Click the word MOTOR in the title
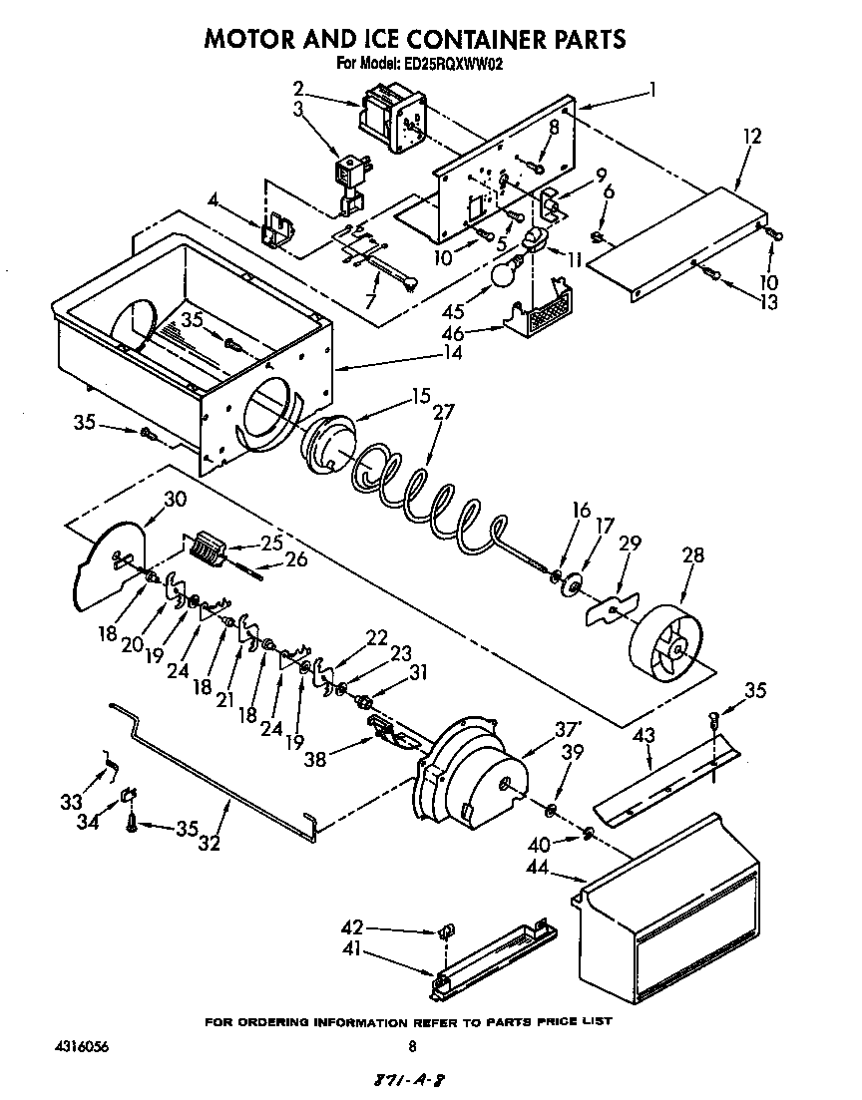(255, 39)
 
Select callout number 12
(751, 137)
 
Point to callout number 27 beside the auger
(442, 411)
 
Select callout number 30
(176, 499)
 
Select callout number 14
(452, 352)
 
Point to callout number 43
(646, 735)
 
